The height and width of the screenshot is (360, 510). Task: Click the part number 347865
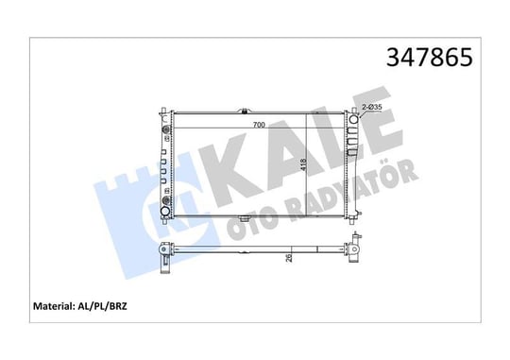tap(430, 57)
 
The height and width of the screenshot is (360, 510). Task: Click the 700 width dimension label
tap(259, 125)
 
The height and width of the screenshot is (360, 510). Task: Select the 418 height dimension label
tap(303, 164)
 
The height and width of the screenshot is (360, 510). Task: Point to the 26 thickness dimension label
tap(288, 259)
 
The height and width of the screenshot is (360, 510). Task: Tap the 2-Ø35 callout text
tap(372, 107)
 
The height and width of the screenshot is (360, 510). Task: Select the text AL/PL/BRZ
tap(102, 306)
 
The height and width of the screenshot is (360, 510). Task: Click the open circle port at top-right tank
tap(353, 119)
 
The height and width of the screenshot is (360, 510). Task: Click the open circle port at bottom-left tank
tap(165, 212)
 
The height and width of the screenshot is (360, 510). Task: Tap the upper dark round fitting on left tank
tap(166, 130)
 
